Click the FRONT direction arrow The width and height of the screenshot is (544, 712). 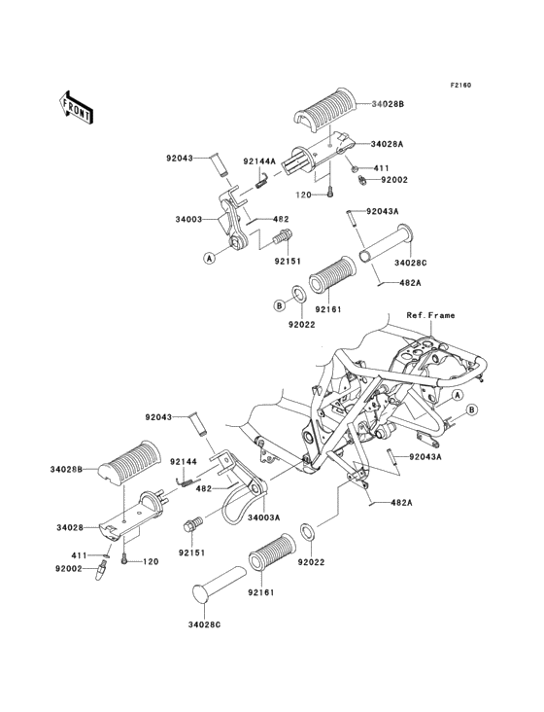pyautogui.click(x=76, y=107)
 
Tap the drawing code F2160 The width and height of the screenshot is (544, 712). pyautogui.click(x=460, y=85)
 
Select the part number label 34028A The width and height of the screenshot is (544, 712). pyautogui.click(x=387, y=144)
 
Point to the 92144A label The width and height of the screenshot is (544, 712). pyautogui.click(x=259, y=161)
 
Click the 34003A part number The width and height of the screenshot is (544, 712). pyautogui.click(x=264, y=517)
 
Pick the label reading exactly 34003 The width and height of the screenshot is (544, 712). pyautogui.click(x=188, y=219)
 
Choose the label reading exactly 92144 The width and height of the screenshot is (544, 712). pyautogui.click(x=184, y=462)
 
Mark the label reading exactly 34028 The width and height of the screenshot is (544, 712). pyautogui.click(x=70, y=527)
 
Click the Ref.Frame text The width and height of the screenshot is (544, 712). pyautogui.click(x=430, y=315)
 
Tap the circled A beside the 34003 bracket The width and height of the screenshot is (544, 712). pyautogui.click(x=209, y=258)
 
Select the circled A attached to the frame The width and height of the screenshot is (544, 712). pyautogui.click(x=458, y=395)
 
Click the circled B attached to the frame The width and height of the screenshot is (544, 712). pyautogui.click(x=471, y=410)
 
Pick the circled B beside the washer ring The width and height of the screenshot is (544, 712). pyautogui.click(x=280, y=305)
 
